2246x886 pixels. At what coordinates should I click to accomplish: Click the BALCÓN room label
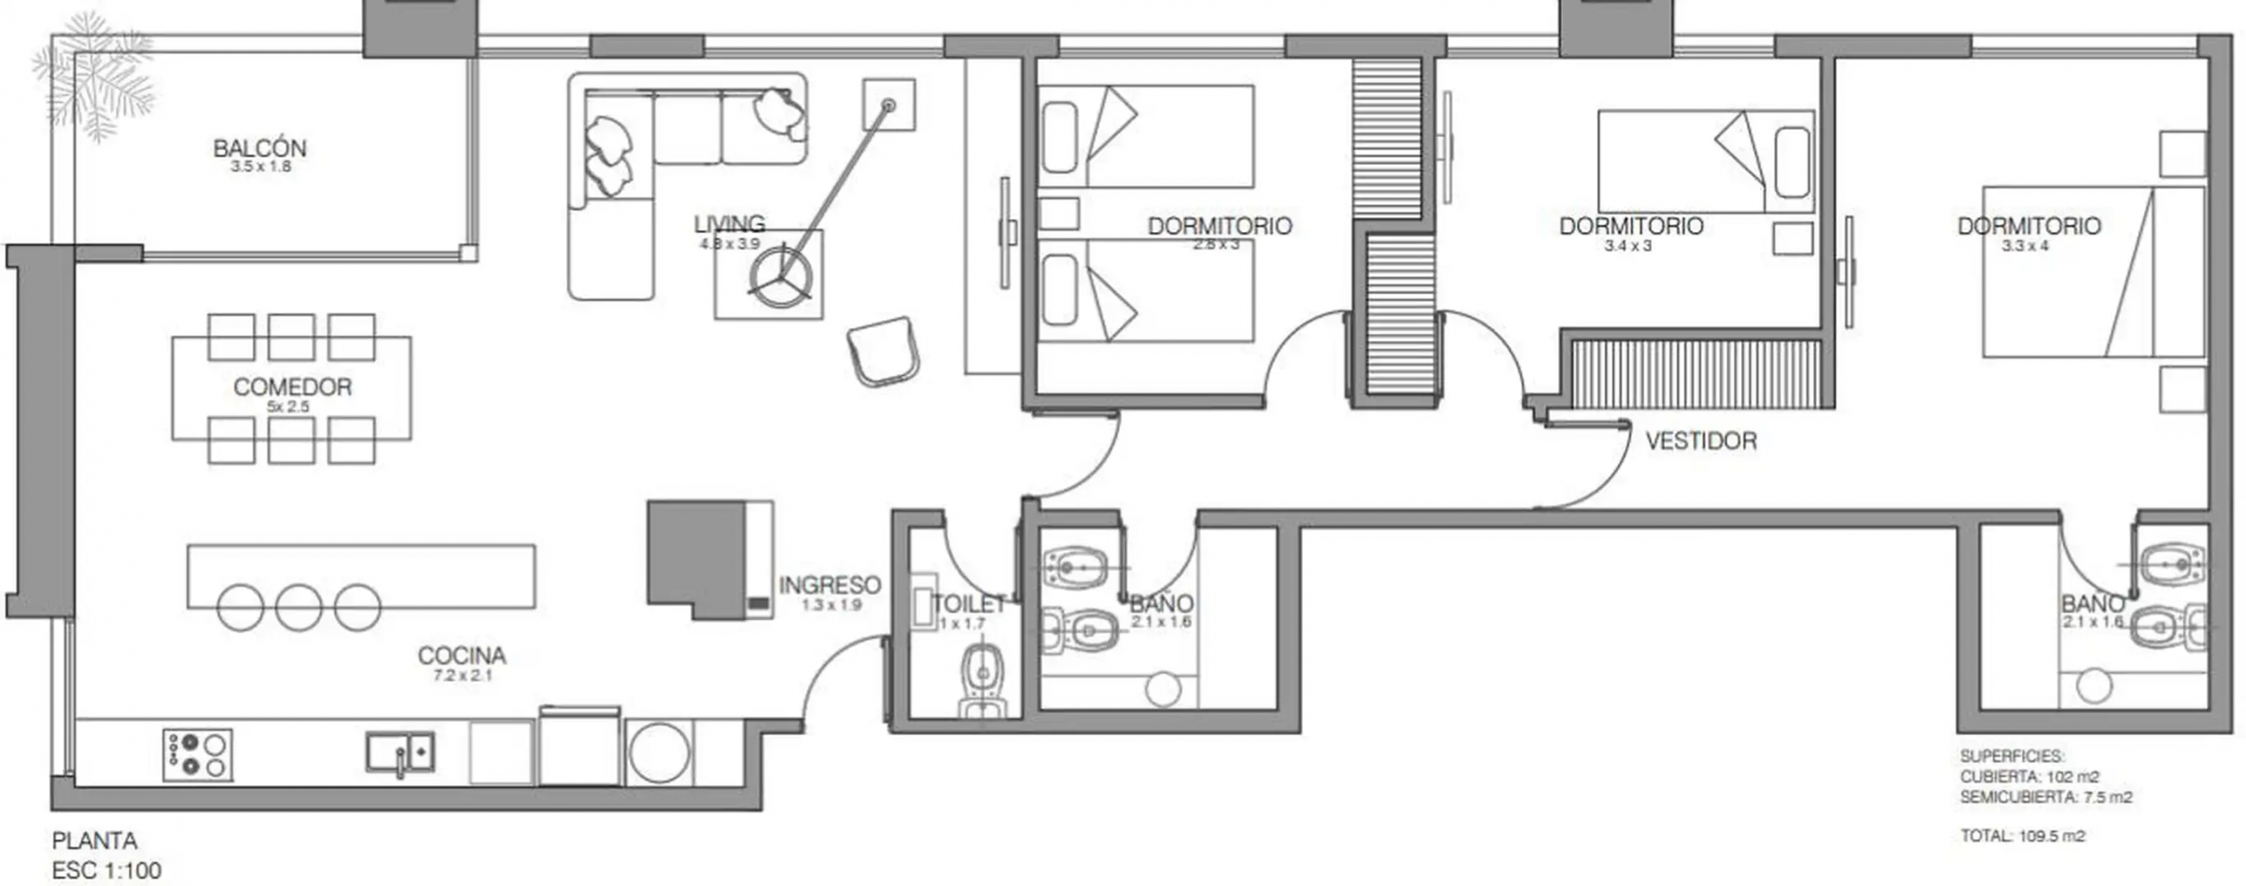coord(259,148)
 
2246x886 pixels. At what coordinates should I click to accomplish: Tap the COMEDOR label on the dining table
coord(292,387)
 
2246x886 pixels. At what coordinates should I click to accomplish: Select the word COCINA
coord(462,656)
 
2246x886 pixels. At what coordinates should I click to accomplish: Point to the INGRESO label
coord(830,586)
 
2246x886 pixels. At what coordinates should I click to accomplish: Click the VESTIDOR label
coord(1700,441)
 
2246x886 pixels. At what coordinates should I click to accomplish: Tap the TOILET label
coord(970,604)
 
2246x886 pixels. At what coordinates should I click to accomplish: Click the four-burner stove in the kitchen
coord(198,754)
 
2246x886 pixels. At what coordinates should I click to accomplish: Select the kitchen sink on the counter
coord(399,752)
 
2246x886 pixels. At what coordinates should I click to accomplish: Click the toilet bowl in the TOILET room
coord(983,671)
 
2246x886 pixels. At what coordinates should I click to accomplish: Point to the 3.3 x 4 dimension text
coord(2025,246)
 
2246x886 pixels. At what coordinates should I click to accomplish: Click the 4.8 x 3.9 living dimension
coord(730,244)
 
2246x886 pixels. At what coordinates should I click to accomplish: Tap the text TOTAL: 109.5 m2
coord(2022,836)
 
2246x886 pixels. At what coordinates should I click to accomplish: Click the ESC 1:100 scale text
coord(106,871)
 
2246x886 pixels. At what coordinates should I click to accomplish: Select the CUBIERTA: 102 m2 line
coord(2030,777)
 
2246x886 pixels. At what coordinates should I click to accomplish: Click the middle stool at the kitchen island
coord(299,608)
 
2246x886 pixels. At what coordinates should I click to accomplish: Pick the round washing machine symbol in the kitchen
coord(659,752)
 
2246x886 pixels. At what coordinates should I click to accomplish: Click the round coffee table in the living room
coord(780,276)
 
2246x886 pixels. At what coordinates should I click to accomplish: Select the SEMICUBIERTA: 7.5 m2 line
coord(2046,797)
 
